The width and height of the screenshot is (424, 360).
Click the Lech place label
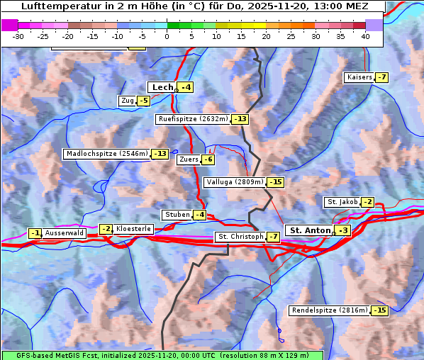(162, 87)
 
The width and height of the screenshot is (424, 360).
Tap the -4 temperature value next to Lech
(185, 87)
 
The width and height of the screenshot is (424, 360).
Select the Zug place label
(128, 101)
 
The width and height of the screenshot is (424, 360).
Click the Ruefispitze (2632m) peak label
(193, 119)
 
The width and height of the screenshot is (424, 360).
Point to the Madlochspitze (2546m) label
(106, 154)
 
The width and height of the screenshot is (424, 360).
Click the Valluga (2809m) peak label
(234, 182)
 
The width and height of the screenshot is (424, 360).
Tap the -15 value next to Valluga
(276, 182)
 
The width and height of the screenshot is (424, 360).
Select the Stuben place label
(177, 215)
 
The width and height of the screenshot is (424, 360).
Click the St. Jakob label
(342, 202)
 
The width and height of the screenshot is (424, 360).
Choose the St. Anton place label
(311, 230)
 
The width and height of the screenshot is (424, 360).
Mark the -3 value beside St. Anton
(343, 230)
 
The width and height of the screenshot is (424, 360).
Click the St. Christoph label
(240, 236)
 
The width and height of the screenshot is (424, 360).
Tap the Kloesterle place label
(133, 229)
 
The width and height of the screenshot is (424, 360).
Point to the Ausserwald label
(65, 232)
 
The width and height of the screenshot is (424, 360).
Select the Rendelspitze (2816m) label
(330, 310)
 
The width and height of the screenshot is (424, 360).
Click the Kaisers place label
(359, 77)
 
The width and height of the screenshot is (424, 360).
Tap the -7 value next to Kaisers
(381, 77)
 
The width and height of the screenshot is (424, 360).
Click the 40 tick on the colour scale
(365, 35)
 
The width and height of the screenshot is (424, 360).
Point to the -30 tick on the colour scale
(18, 35)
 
